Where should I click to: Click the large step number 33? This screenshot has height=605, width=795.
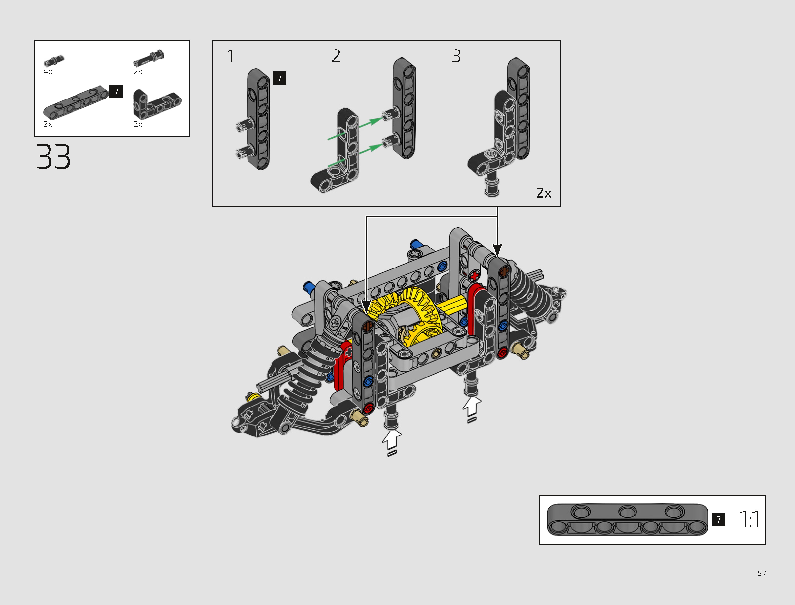point(53,156)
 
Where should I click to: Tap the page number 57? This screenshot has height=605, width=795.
point(762,573)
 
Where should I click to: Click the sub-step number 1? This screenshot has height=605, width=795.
point(231,56)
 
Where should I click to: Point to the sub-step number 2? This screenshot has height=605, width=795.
point(336,56)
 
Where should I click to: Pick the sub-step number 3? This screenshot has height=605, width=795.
point(456,56)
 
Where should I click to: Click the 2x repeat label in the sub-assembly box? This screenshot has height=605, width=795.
point(544,193)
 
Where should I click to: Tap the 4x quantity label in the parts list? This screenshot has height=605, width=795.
point(48,72)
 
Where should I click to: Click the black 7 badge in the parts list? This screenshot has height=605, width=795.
point(116,92)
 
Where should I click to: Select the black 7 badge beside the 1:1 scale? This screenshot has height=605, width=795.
point(719,519)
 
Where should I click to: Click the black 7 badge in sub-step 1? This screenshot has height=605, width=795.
point(279,78)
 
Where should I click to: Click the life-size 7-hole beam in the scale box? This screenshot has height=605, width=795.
point(627,519)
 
